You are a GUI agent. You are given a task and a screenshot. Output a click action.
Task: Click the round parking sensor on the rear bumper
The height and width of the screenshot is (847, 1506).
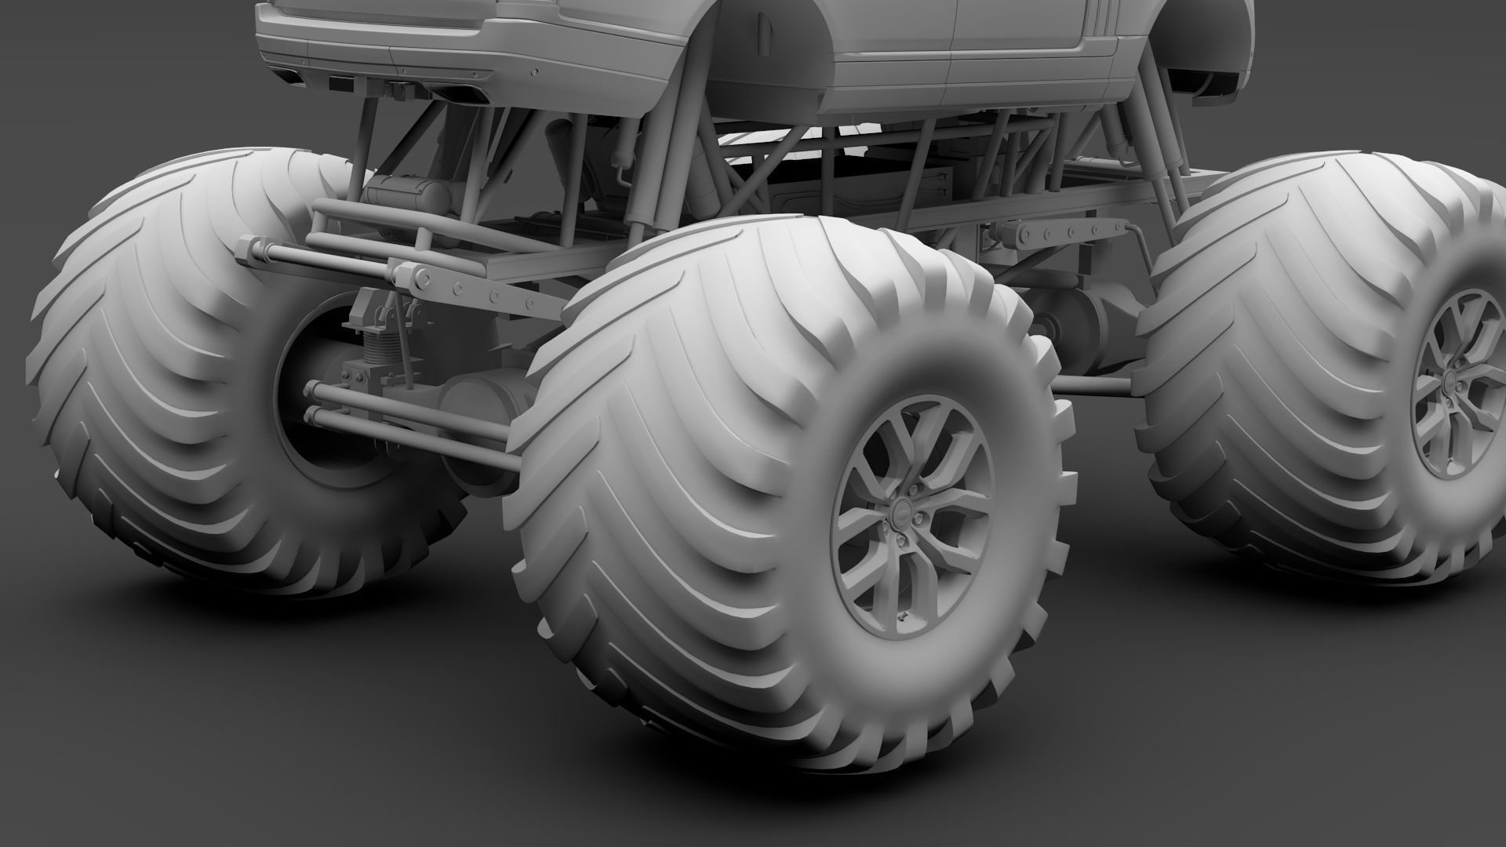[536, 71]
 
